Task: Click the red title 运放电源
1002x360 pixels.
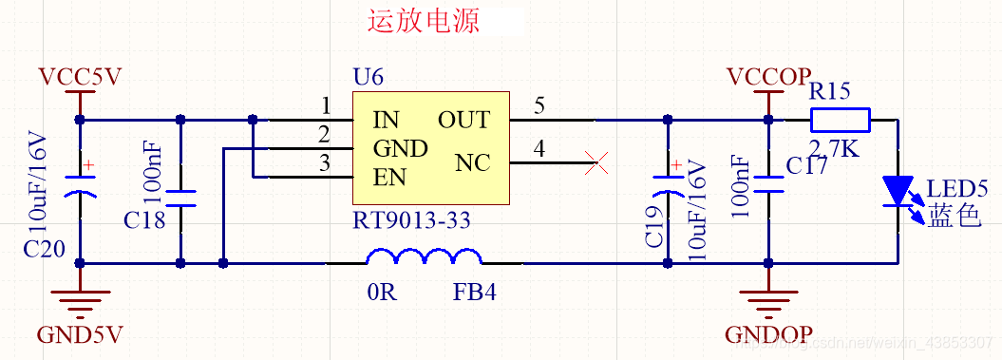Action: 424,21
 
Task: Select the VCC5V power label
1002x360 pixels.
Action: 80,77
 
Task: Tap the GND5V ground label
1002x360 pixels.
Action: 80,335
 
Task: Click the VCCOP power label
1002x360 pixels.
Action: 768,77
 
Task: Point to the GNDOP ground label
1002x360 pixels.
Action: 768,335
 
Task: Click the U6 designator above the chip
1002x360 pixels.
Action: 368,77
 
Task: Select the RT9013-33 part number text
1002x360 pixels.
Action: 411,221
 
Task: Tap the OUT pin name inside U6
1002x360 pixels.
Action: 463,121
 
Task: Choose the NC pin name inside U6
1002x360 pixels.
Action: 472,163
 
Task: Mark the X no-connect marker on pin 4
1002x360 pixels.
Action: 596,163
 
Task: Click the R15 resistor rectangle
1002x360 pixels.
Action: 840,120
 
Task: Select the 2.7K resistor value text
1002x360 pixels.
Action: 834,148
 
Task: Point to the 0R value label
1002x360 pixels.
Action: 381,292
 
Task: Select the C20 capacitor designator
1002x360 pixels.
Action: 45,249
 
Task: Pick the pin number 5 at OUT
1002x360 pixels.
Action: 539,106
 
